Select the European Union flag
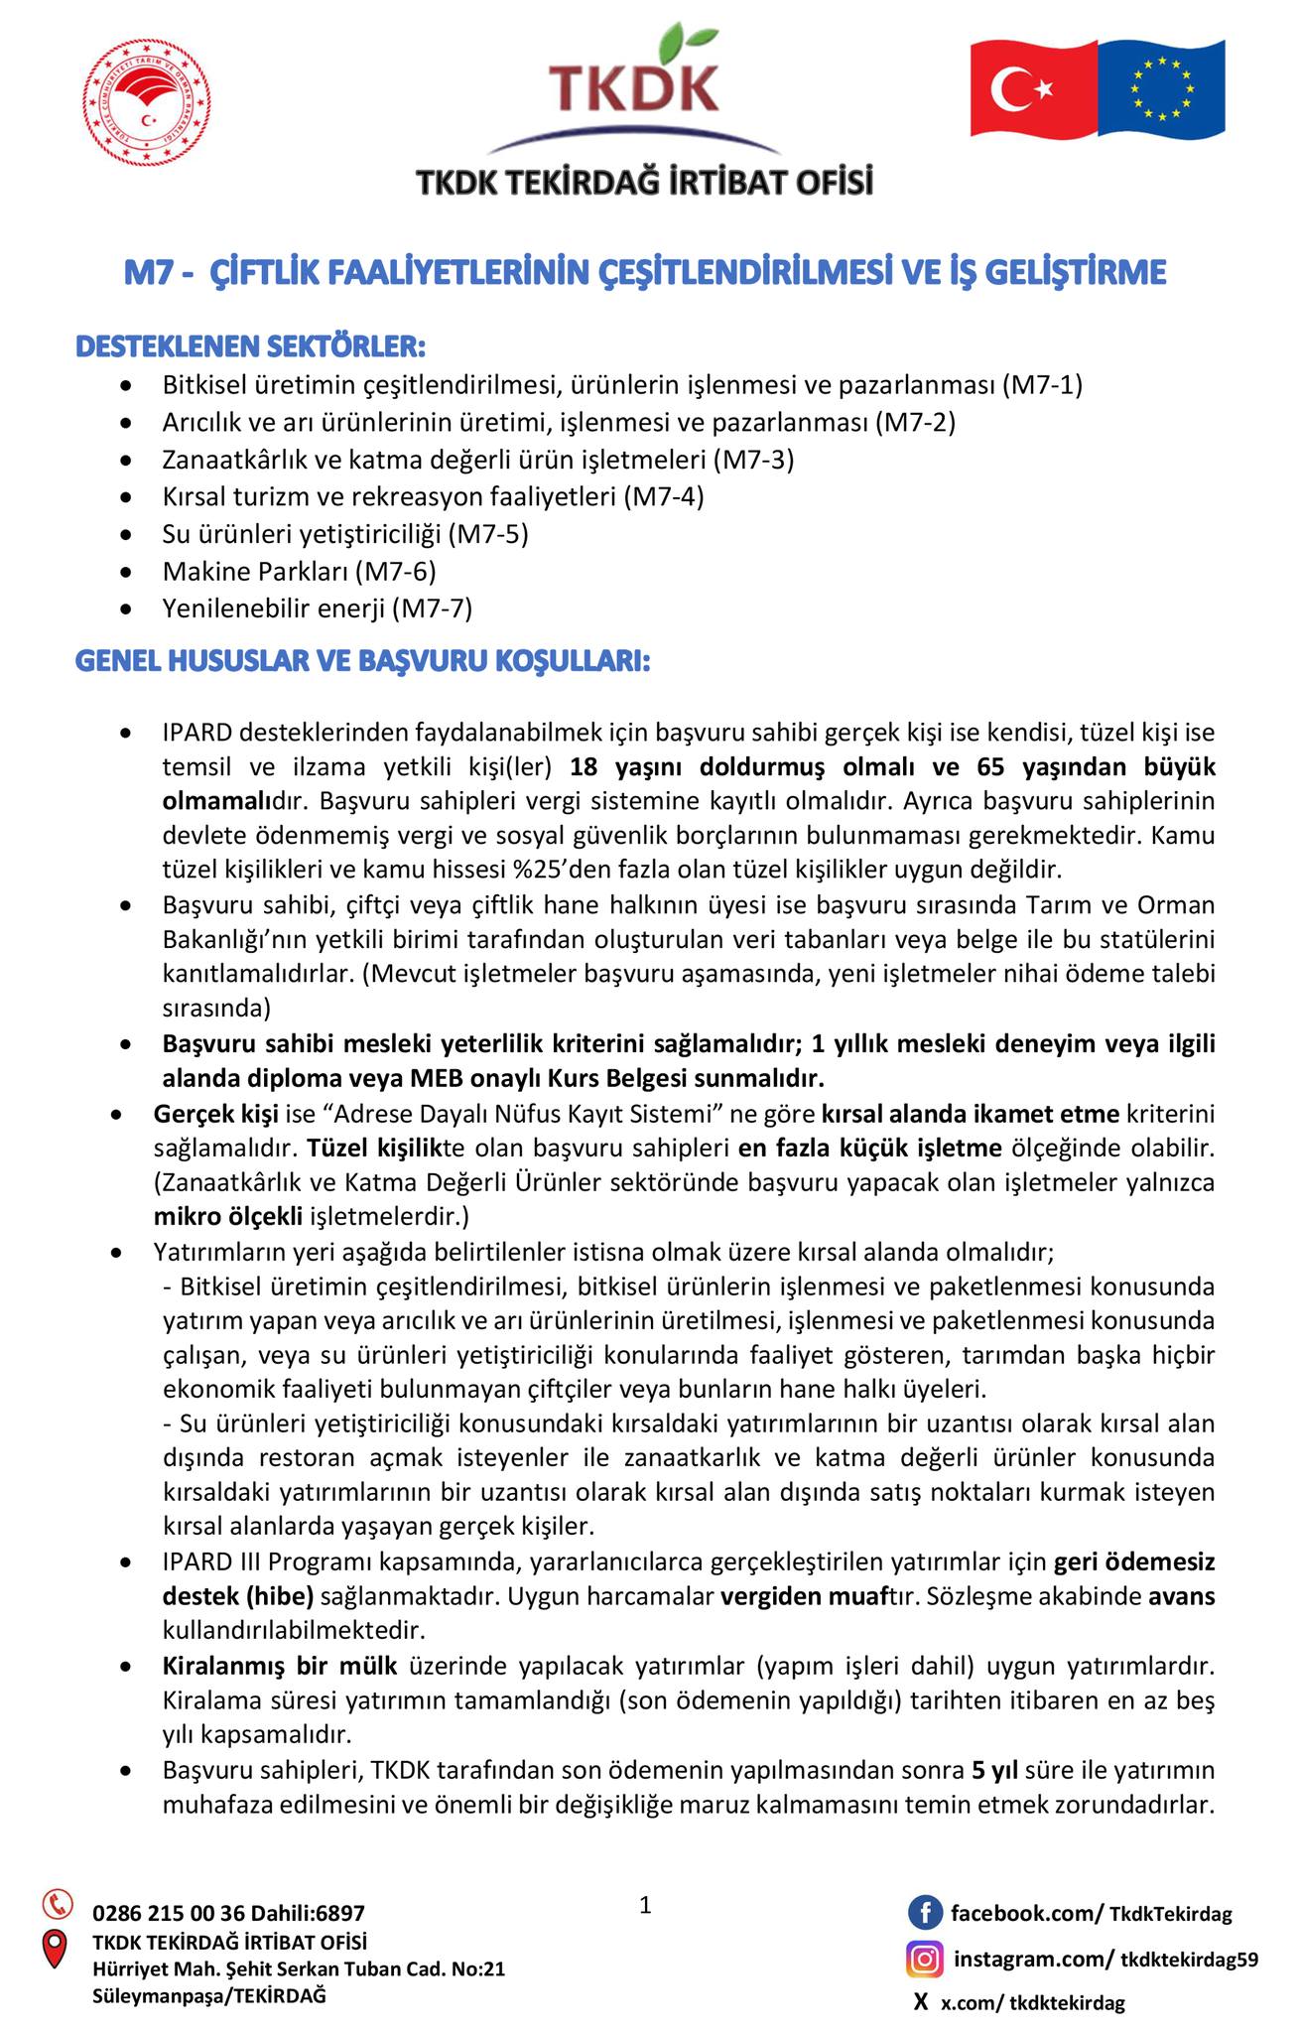click(1162, 89)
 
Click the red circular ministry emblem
click(146, 104)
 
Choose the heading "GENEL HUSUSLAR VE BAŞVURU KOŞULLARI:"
click(363, 661)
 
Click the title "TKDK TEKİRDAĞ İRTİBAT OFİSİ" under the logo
click(644, 184)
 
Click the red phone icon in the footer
click(58, 1903)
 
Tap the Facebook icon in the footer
click(925, 1912)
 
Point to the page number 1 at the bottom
click(646, 1905)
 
